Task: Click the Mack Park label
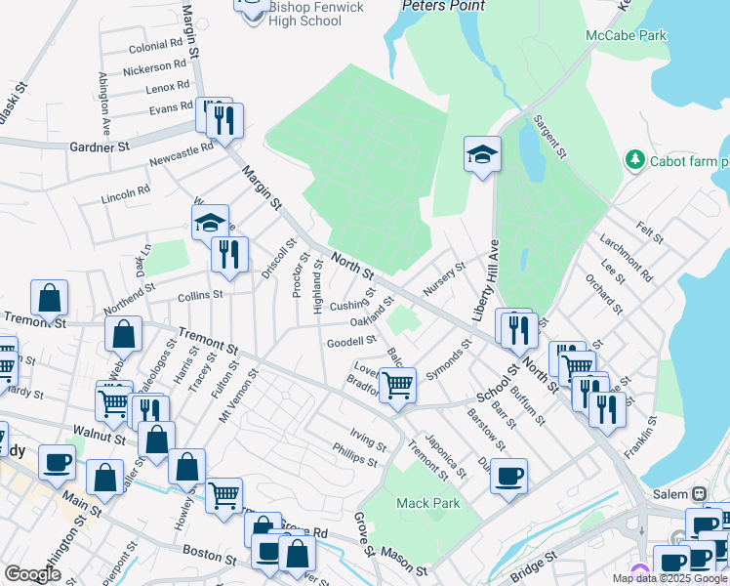[427, 503]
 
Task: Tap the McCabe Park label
[626, 35]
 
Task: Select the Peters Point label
[443, 6]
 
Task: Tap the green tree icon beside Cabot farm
[635, 158]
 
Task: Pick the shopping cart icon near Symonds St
[397, 384]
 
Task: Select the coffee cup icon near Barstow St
[507, 477]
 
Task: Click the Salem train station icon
[699, 494]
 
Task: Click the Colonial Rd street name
[155, 45]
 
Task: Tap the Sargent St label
[548, 137]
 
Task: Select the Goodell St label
[351, 341]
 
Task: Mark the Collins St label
[200, 294]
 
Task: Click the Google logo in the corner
[32, 574]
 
